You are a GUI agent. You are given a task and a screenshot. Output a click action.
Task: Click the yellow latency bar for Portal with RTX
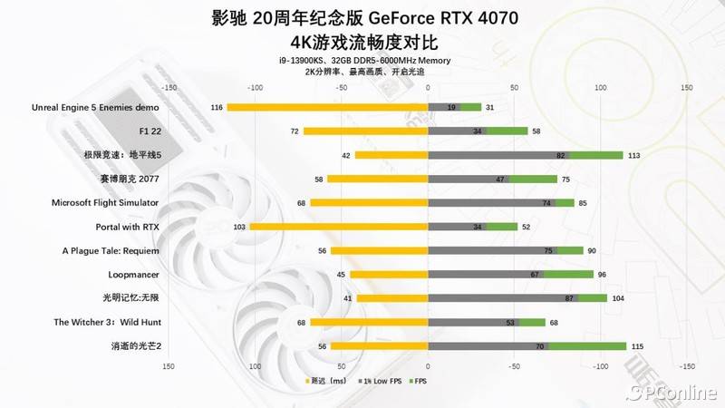339,227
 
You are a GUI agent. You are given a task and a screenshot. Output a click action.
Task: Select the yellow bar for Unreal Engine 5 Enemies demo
327,107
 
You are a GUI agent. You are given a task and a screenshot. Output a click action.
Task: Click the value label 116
216,108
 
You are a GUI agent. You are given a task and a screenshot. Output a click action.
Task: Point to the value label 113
634,156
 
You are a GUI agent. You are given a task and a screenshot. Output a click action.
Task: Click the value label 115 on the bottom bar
637,346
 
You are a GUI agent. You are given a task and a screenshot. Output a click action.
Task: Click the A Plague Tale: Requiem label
111,250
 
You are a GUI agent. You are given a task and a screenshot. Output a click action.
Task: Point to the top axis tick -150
168,88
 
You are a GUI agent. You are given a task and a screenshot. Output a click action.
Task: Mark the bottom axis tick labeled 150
168,367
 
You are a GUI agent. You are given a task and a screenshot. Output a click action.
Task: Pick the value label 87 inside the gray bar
569,298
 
